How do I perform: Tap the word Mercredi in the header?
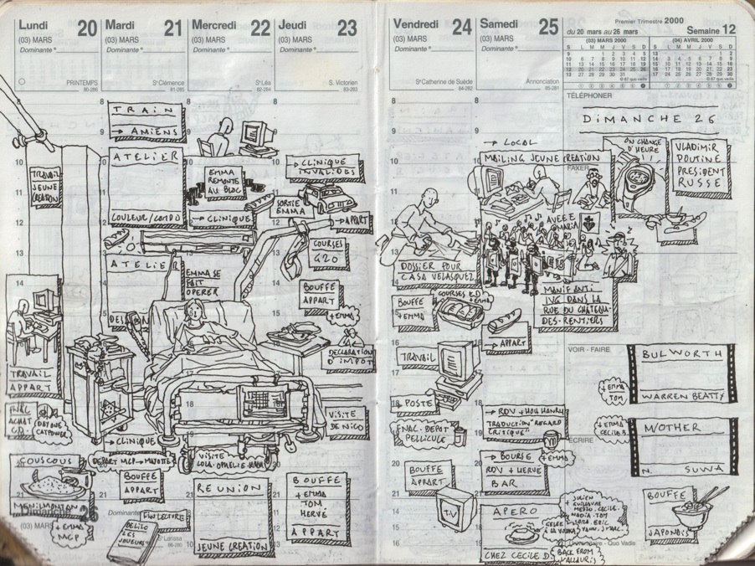[x=214, y=24]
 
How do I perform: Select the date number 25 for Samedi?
[x=548, y=27]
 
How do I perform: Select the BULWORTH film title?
[x=681, y=354]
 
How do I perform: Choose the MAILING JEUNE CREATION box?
[x=541, y=157]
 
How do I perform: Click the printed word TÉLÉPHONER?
[x=589, y=95]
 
